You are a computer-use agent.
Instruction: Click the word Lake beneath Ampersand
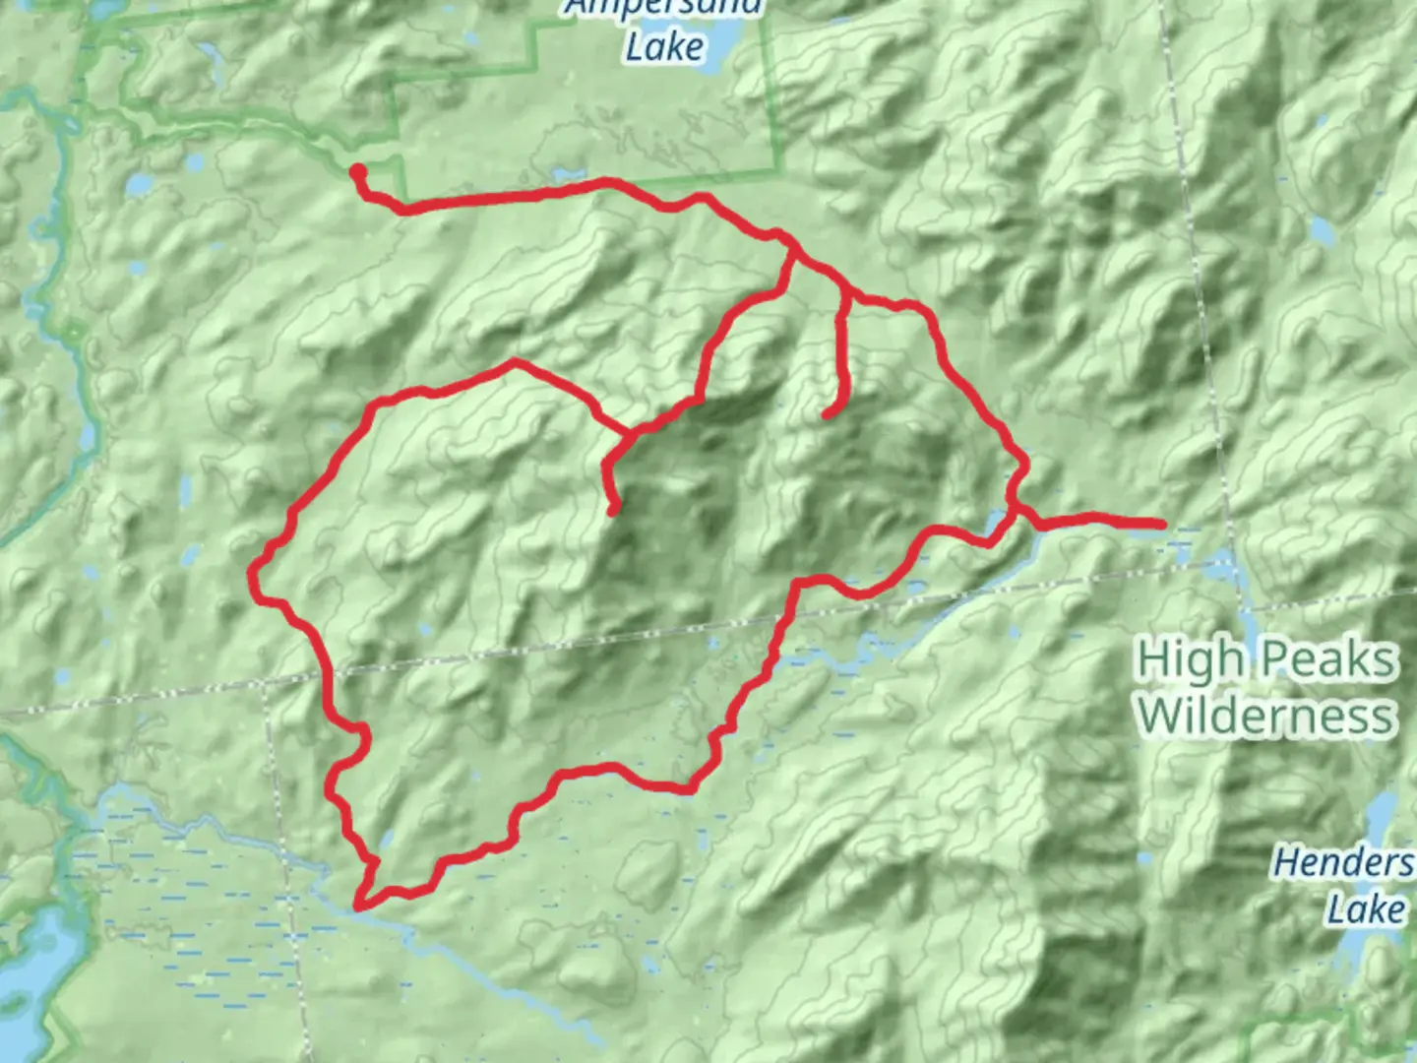(x=665, y=46)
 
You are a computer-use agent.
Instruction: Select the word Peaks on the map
(x=1328, y=659)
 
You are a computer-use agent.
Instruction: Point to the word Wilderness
(x=1265, y=715)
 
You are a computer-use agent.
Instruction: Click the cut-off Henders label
(x=1344, y=863)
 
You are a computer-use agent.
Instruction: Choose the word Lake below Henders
(x=1365, y=909)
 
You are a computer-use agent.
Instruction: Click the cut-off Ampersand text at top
(x=665, y=8)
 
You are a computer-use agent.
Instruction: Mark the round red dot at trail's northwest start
(x=358, y=172)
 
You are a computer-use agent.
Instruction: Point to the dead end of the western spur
(x=613, y=510)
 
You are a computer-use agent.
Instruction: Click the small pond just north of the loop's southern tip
(x=386, y=840)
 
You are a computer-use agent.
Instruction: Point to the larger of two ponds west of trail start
(x=139, y=184)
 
